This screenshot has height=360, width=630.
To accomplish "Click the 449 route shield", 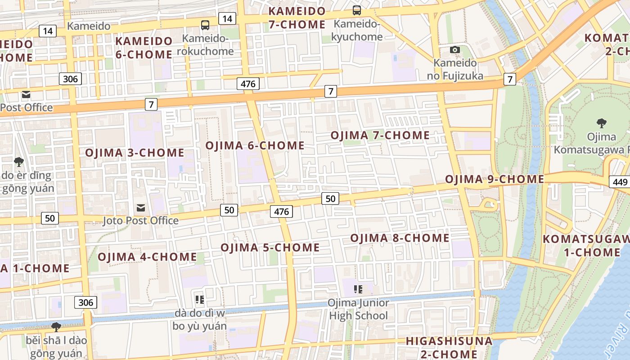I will click(620, 182).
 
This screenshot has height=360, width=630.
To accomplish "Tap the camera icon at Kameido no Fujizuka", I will click(455, 49).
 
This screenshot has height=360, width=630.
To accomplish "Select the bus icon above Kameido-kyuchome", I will click(357, 10).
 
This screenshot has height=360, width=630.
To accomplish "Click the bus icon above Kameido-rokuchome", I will click(205, 25).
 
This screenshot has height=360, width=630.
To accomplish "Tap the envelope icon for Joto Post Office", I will click(141, 208).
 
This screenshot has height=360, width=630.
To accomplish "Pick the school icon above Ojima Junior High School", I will click(358, 289).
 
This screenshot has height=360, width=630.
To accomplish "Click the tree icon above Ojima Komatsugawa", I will click(601, 123).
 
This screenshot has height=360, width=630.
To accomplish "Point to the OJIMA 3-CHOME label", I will click(135, 153).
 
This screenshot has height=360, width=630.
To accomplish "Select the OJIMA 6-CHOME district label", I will click(255, 145).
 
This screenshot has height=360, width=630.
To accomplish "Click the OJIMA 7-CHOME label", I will click(380, 135).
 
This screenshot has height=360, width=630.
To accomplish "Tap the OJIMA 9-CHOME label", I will click(495, 179).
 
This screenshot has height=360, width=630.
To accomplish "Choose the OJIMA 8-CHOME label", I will click(400, 238).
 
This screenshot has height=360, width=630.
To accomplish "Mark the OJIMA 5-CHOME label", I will click(270, 247).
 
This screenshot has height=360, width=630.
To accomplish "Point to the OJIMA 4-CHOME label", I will click(147, 257).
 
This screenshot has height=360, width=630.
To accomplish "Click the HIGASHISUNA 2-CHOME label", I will click(449, 347).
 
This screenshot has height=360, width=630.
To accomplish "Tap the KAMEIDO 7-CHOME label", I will click(297, 18).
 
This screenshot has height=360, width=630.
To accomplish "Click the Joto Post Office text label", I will click(141, 220).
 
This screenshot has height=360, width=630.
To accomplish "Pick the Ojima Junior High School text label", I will click(358, 309).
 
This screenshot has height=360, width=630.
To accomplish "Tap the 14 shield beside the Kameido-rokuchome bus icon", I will click(227, 18).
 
